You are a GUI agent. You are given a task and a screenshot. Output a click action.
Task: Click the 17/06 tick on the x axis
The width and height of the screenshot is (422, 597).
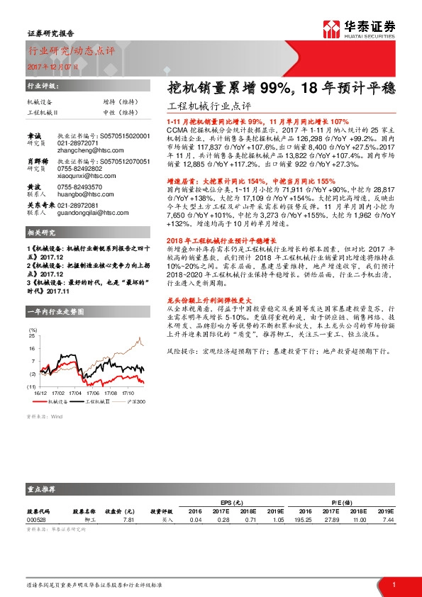pos(93,391)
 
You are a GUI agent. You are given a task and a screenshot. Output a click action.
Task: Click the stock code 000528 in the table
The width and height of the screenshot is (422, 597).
pos(37,520)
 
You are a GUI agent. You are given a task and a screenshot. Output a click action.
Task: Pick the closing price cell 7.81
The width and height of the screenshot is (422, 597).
pos(129,520)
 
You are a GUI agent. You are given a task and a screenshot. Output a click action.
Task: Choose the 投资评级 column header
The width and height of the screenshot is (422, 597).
pos(162,510)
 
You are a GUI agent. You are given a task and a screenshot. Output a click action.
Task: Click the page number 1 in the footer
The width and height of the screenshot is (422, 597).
pos(394,584)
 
